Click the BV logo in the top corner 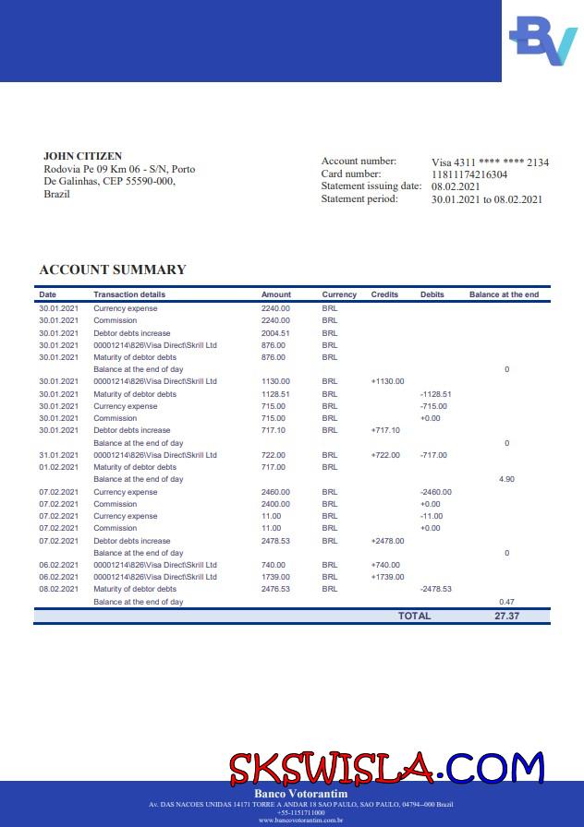point(543,40)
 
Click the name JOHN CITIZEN point(82,156)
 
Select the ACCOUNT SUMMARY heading point(113,270)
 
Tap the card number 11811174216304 point(469,174)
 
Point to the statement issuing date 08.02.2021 point(456,186)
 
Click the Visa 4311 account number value point(490,162)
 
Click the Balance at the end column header point(504,294)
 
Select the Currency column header point(339,294)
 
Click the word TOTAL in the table point(414,616)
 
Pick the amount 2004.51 point(275,333)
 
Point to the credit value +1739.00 point(387,577)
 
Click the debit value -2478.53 point(435,589)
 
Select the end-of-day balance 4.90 point(506,480)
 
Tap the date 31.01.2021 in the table point(58,455)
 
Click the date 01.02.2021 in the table point(58,467)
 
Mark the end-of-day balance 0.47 point(506,602)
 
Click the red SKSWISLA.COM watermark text point(386,767)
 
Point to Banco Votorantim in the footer point(292,794)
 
